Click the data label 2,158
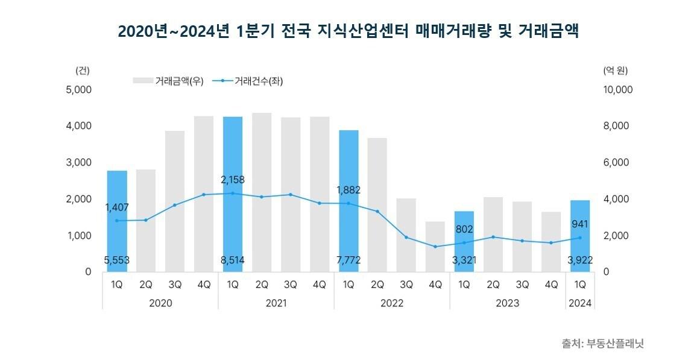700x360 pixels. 233,180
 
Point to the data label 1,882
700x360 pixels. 348,190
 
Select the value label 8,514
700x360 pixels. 233,261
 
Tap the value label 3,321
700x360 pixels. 464,261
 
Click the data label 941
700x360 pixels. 579,224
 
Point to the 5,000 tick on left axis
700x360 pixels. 79,90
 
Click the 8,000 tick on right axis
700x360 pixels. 617,126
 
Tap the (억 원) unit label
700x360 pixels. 615,70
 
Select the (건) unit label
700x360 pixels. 83,70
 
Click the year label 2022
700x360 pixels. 392,303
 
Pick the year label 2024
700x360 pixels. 580,303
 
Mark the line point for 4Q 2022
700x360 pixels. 435,247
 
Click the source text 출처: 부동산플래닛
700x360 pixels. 603,344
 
